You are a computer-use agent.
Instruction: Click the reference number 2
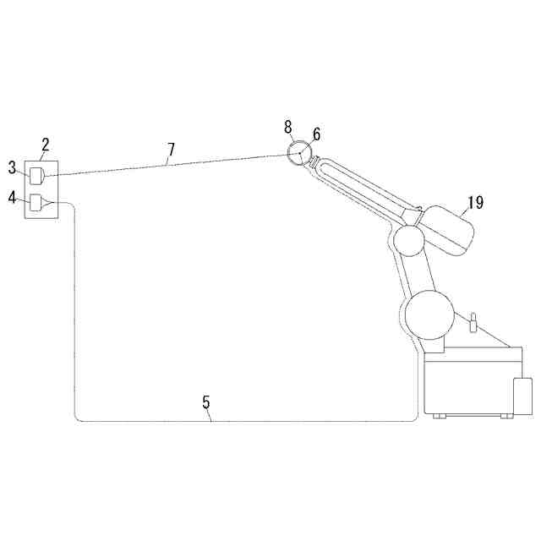pos(46,145)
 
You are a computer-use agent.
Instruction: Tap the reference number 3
pos(13,167)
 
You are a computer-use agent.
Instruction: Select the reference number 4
pos(13,198)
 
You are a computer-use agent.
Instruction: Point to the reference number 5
pos(206,402)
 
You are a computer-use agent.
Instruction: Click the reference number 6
pos(316,134)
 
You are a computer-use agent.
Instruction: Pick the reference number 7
pos(171,150)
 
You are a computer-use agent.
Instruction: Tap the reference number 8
pos(288,127)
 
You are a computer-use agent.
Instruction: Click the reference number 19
pos(475,202)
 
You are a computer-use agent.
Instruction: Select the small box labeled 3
pos(36,176)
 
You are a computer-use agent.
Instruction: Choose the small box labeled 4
pos(36,203)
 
